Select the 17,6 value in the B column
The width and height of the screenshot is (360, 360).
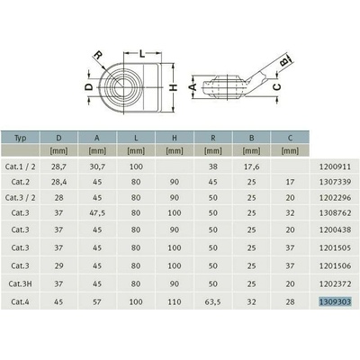click(x=252, y=166)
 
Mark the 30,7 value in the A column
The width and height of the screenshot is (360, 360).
click(x=99, y=166)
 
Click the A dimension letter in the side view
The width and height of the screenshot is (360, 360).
click(x=192, y=87)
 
